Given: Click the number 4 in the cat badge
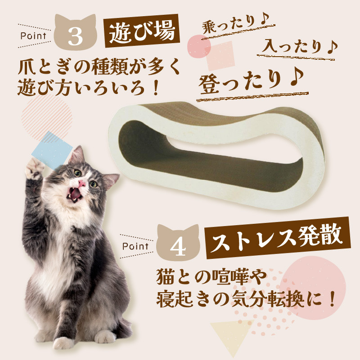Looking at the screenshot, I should (x=179, y=246).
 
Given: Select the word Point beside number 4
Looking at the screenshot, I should (x=135, y=246).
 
